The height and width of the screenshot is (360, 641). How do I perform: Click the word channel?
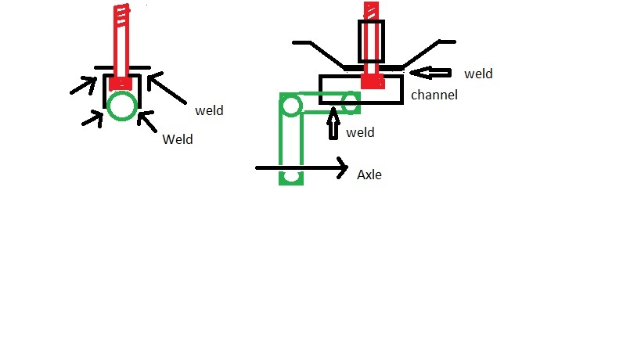434,95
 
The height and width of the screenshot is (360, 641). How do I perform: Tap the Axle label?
369,175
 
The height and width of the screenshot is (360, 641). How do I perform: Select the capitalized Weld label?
178,139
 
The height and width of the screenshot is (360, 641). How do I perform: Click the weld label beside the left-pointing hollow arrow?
478,74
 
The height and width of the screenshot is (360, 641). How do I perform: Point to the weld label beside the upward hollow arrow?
360,132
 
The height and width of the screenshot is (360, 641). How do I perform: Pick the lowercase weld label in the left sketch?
209,110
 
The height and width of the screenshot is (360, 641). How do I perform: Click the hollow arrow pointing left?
430,73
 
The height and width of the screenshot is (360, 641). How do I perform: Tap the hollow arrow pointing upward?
333,123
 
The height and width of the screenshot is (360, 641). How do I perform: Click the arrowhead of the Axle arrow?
343,167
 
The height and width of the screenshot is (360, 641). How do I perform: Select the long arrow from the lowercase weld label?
167,88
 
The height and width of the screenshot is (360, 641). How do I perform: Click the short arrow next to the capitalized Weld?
147,121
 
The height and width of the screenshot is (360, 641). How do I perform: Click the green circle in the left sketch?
122,106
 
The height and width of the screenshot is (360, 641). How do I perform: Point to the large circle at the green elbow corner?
290,106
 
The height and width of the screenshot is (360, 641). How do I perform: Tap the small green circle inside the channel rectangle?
351,103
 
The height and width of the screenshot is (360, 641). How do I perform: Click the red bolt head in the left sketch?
121,84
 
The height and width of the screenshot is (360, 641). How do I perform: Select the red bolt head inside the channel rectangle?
373,81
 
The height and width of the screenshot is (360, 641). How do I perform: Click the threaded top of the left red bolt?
121,13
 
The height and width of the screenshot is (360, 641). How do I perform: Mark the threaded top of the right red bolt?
371,10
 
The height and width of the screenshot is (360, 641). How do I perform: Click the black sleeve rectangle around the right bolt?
371,41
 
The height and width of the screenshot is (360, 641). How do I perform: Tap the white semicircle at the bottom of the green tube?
291,177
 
